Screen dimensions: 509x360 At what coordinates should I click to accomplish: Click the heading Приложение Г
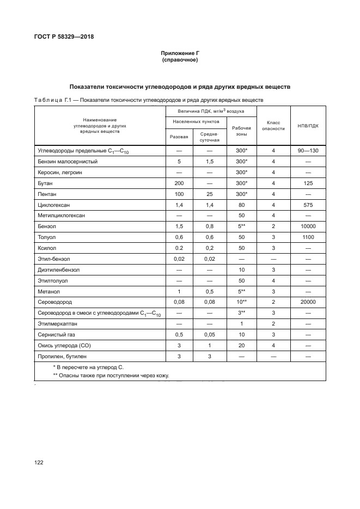click(x=180, y=53)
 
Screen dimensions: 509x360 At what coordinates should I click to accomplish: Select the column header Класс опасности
click(x=273, y=125)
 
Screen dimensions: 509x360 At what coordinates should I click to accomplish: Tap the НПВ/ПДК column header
click(x=308, y=125)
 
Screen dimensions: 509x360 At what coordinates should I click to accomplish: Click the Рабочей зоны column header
click(x=241, y=131)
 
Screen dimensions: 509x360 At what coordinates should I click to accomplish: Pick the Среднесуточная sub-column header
click(x=209, y=136)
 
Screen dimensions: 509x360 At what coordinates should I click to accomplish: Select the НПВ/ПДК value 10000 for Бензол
click(x=308, y=225)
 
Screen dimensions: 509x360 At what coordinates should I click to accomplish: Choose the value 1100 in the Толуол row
click(x=308, y=237)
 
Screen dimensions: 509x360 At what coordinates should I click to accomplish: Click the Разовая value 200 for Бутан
click(x=179, y=183)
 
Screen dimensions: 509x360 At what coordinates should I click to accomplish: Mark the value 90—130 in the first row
click(x=308, y=150)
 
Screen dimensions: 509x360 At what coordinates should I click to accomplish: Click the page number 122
click(x=39, y=462)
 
